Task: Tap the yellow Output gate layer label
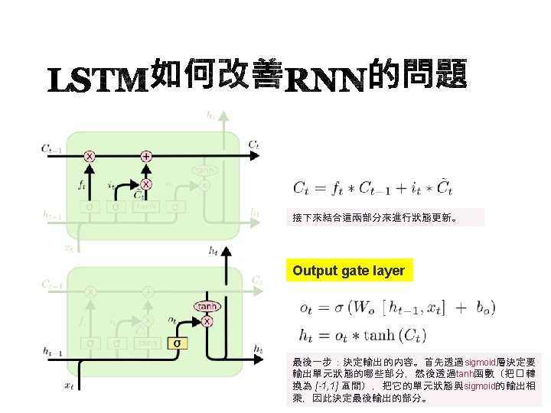click(x=349, y=271)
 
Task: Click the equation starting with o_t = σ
click(x=397, y=308)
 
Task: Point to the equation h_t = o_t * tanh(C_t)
click(x=363, y=334)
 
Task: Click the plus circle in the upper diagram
click(x=145, y=156)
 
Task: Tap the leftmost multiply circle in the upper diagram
click(x=90, y=156)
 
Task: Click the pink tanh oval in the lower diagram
click(x=207, y=306)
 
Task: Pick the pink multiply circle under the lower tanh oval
click(x=207, y=321)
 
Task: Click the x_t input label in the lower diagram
click(x=69, y=385)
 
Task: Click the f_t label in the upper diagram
click(x=82, y=184)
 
